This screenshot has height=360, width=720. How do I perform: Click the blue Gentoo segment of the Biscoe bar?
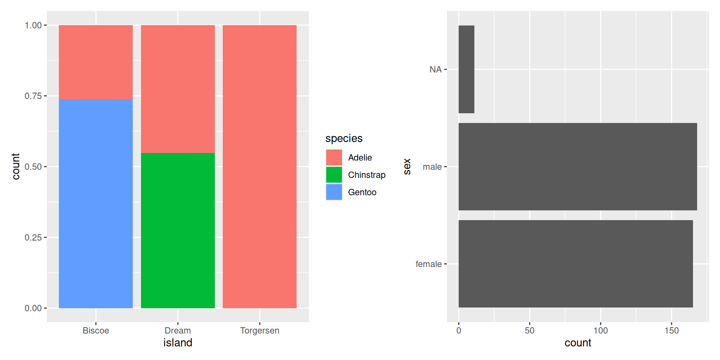click(x=96, y=204)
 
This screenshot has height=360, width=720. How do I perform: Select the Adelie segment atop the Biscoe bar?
click(x=96, y=62)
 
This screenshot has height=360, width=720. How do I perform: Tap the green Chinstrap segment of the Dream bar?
click(x=178, y=230)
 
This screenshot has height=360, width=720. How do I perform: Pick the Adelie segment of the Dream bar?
click(x=178, y=89)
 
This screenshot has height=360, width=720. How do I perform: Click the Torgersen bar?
click(x=259, y=166)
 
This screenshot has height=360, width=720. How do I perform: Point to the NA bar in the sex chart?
click(x=466, y=69)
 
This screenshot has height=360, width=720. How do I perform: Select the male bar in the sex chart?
click(x=577, y=166)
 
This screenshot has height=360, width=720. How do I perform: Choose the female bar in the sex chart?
click(x=576, y=264)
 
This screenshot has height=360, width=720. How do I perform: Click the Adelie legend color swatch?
click(x=334, y=157)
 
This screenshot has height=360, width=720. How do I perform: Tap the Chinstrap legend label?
click(x=366, y=175)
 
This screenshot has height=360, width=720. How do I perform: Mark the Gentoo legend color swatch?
click(x=334, y=192)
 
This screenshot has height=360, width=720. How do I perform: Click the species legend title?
click(x=343, y=138)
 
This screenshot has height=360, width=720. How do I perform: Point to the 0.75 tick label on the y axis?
click(x=33, y=96)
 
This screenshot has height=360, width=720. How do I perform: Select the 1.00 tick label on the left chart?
click(x=33, y=25)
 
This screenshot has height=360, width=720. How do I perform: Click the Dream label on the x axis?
click(x=178, y=330)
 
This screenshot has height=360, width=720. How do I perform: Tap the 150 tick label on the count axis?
click(x=671, y=330)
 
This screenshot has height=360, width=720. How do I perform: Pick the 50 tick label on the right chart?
click(x=529, y=330)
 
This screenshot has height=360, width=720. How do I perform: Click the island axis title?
click(x=178, y=343)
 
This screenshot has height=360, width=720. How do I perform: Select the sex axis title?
click(x=407, y=166)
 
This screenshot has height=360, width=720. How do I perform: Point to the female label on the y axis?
click(x=428, y=264)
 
